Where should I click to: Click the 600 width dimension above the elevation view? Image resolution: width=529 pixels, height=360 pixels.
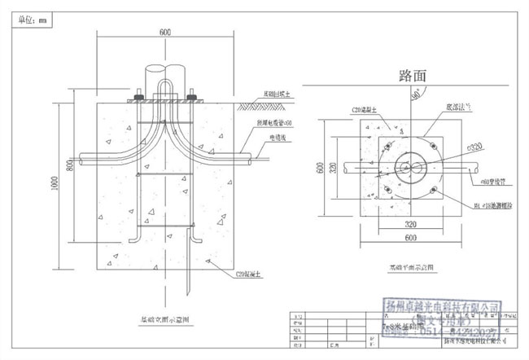[x=165, y=32]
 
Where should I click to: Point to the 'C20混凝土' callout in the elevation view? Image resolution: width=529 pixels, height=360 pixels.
[x=248, y=276]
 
